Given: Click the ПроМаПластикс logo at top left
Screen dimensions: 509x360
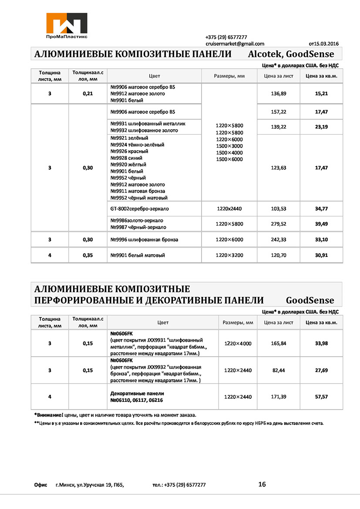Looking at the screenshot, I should click(x=67, y=25).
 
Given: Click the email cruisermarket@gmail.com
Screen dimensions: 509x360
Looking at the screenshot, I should click(x=235, y=44).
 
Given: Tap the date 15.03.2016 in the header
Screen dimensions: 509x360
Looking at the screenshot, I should click(x=326, y=44).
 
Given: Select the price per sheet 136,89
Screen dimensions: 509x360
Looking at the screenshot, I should click(x=279, y=94).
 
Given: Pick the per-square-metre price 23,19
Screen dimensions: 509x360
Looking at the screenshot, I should click(x=321, y=127).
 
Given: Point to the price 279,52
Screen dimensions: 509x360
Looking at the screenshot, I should click(x=279, y=224).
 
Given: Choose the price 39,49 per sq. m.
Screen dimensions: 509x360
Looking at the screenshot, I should click(x=321, y=224).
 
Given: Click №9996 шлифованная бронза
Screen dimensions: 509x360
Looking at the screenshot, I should click(x=144, y=239).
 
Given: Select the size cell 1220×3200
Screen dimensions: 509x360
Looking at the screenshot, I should click(x=229, y=255).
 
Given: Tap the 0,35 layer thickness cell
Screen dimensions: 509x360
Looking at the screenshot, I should click(x=88, y=255).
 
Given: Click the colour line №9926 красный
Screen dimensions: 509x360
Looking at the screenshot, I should click(x=129, y=151).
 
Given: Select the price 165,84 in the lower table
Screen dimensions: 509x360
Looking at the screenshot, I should click(x=279, y=344).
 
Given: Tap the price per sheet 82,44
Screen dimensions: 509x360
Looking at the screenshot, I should click(x=279, y=370).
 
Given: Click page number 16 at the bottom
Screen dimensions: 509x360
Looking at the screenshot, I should click(x=262, y=484).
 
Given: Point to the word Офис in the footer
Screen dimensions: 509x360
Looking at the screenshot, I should click(x=40, y=485).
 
